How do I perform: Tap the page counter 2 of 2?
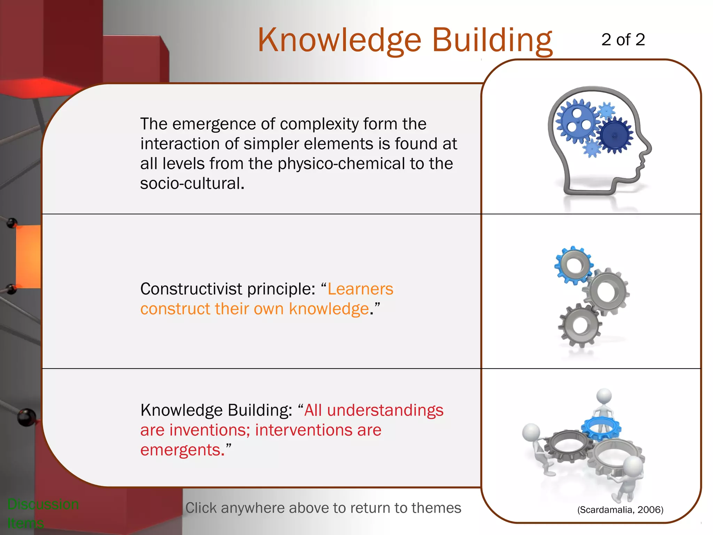pyautogui.click(x=623, y=40)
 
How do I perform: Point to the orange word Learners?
pyautogui.click(x=360, y=289)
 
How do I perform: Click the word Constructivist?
pyautogui.click(x=191, y=289)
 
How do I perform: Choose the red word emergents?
pyautogui.click(x=180, y=450)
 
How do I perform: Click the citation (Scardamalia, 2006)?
pyautogui.click(x=620, y=510)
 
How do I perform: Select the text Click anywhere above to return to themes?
pyautogui.click(x=323, y=508)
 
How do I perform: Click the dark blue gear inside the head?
pyautogui.click(x=614, y=135)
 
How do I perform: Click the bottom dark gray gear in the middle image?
pyautogui.click(x=580, y=325)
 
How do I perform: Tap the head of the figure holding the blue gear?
pyautogui.click(x=604, y=396)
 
